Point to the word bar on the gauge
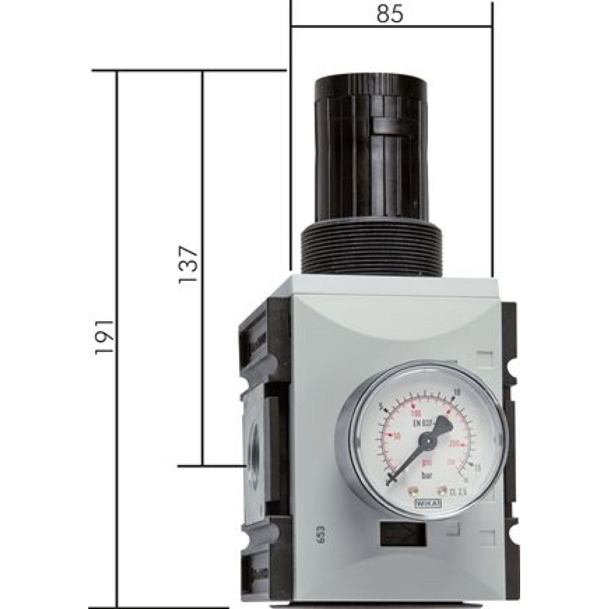click(427, 475)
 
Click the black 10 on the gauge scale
click(457, 392)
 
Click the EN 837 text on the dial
click(423, 423)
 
